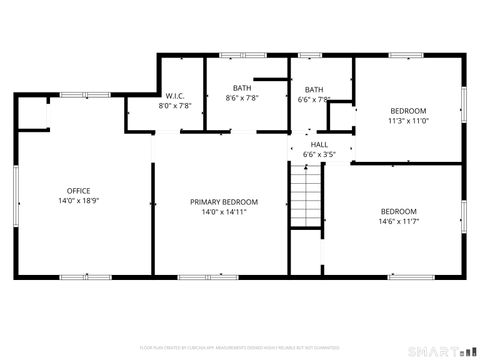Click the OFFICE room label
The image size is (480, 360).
click(x=78, y=191)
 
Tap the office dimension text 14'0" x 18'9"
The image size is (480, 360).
click(x=78, y=201)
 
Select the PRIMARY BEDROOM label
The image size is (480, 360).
click(x=218, y=202)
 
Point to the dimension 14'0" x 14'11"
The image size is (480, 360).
click(x=218, y=212)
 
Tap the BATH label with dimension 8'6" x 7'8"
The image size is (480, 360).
click(x=242, y=88)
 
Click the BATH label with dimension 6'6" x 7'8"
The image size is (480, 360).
click(x=314, y=89)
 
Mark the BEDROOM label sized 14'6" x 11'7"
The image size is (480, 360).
click(x=398, y=211)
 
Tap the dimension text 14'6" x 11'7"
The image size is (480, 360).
click(x=398, y=221)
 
